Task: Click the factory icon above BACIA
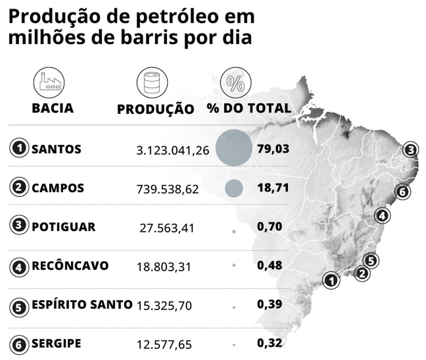pos(49,82)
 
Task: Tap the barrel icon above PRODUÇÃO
pos(152,82)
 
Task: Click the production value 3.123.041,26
pos(173,150)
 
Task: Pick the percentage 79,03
pos(273,149)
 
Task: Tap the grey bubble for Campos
pos(234,188)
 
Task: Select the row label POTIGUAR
pos(63,227)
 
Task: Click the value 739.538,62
pos(168,189)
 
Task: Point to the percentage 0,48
pos(269,265)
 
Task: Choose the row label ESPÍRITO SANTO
pos(82,305)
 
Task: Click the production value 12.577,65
pos(164,345)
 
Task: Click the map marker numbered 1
pos(331,280)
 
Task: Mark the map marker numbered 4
pos(382,215)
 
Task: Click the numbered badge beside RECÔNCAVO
pos(18,266)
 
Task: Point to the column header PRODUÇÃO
pos(155,109)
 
